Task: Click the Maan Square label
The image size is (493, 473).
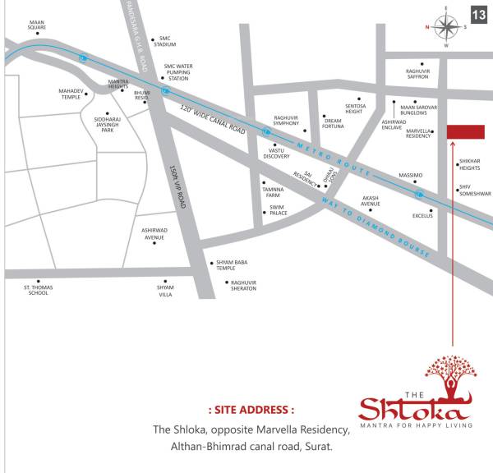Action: (x=37, y=25)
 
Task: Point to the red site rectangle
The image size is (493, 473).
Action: (x=465, y=132)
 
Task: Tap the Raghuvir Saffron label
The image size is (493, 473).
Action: (x=417, y=74)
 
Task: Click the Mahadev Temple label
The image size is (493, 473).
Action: (x=71, y=94)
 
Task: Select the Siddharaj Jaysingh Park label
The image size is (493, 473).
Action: (x=107, y=124)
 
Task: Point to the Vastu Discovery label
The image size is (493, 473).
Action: (x=276, y=154)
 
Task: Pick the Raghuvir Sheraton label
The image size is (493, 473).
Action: (x=243, y=285)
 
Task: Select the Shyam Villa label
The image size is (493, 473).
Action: (x=165, y=289)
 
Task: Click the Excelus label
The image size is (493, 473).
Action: (x=422, y=216)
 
